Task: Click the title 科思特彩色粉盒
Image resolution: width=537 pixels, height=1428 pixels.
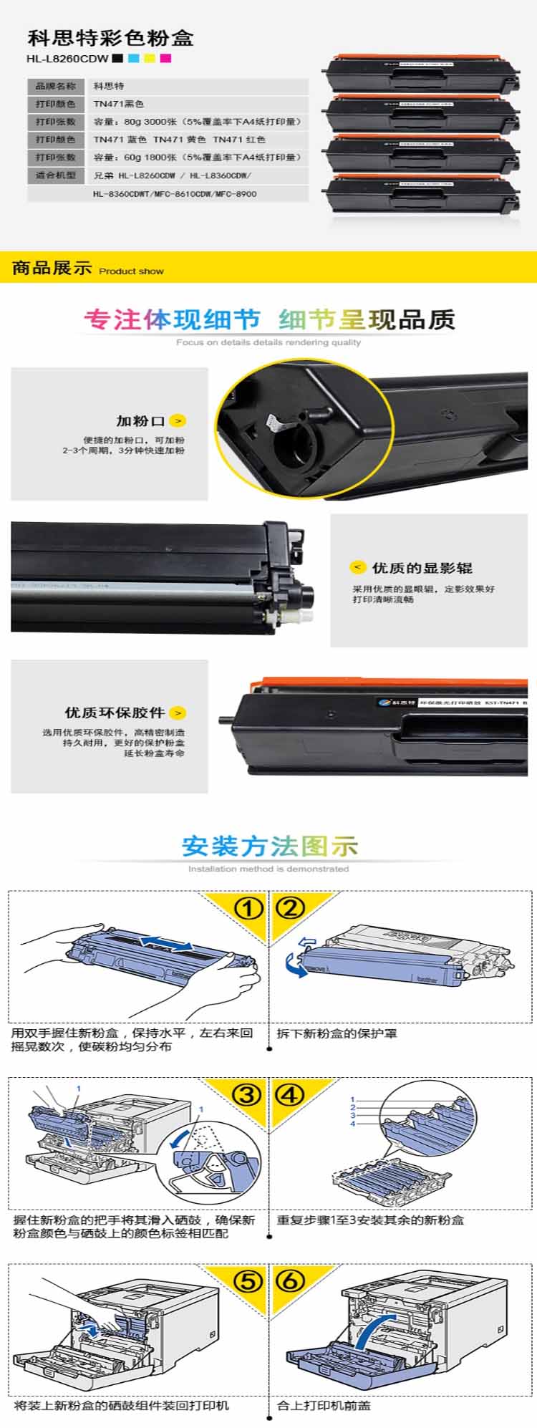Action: coord(110,37)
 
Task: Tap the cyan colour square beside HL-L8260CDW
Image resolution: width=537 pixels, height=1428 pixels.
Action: coord(133,58)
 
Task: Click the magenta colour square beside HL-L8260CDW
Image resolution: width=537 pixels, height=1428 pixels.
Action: coord(165,58)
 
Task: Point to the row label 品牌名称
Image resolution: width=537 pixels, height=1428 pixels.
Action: coord(56,86)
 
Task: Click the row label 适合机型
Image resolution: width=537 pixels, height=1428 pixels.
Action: coord(56,175)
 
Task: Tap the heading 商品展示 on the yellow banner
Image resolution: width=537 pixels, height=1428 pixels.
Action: coord(52,268)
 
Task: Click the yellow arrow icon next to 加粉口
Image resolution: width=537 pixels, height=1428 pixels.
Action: coord(178,421)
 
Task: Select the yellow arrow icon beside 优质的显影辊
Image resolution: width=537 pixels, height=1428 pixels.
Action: coord(357,567)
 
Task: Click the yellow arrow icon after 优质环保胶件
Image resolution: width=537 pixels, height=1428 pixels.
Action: coord(178,713)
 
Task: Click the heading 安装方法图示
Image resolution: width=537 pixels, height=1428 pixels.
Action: coord(269,846)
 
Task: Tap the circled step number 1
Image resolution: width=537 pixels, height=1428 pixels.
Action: coord(248,908)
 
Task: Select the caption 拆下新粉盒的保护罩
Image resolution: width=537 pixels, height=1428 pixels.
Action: coord(337,1033)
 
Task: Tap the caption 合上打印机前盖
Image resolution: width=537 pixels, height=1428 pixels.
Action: coord(324,1405)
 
